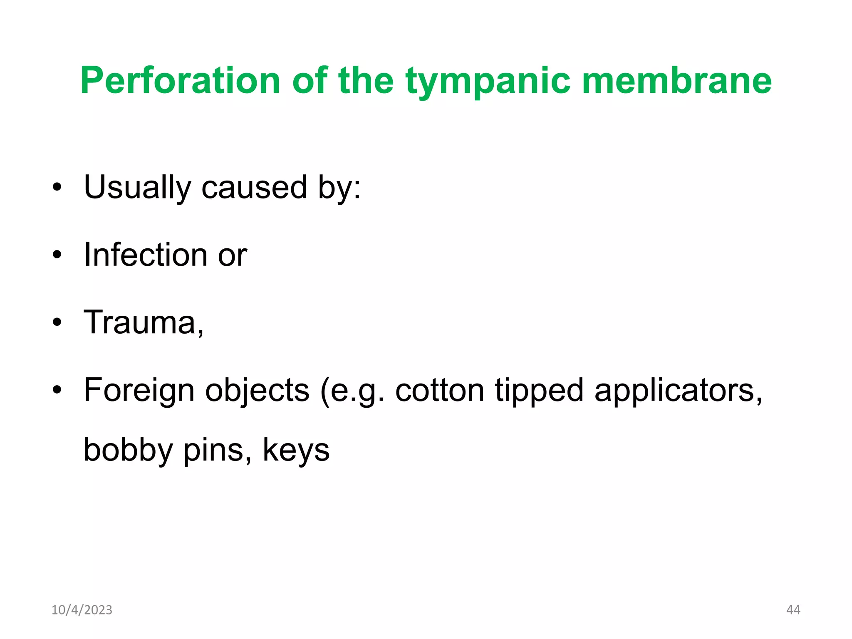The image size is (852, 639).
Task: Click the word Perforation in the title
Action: tap(180, 81)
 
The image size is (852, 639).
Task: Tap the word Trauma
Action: tap(140, 322)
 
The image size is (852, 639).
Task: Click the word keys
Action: tap(296, 451)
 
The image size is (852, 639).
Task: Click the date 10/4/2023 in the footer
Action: tap(82, 610)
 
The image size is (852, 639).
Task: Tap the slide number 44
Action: tap(793, 610)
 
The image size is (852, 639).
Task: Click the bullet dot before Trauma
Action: tap(57, 322)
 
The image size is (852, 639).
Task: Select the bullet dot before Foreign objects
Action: tap(57, 390)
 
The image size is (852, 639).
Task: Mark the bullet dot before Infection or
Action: tap(57, 255)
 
